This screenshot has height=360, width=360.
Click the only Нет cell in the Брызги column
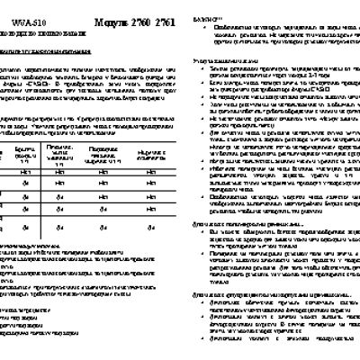(28, 170)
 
